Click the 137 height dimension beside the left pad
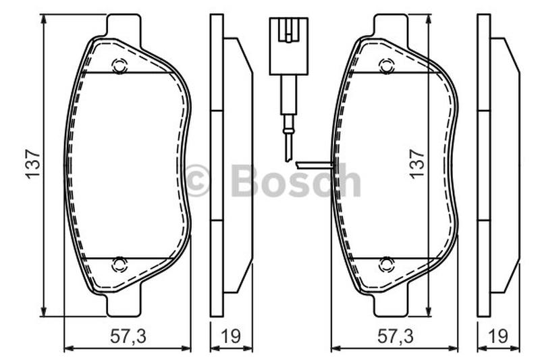34,163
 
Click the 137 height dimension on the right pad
417,163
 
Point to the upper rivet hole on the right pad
387,66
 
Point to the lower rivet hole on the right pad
387,265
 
